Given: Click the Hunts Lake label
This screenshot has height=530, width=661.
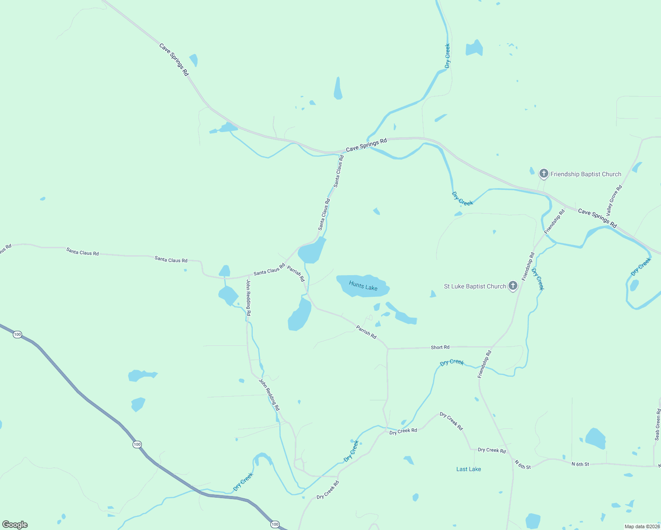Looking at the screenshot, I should pos(363,285).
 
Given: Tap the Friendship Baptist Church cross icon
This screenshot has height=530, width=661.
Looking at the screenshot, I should pos(543,174).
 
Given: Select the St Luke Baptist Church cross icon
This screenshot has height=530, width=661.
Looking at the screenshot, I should pos(513,286).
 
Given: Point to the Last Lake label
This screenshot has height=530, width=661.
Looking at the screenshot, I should pos(468,469).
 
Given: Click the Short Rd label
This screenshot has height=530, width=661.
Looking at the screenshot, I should pos(440,348).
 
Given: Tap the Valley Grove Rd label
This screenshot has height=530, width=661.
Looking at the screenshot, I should pos(614,200).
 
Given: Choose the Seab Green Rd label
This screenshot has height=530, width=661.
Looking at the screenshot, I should pos(657,424).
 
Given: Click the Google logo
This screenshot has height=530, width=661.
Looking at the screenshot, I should pos(15,525).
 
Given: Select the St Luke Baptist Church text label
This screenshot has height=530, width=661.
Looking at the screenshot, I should pos(475,286).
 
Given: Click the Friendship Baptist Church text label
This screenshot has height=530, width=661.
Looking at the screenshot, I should pos(585,174).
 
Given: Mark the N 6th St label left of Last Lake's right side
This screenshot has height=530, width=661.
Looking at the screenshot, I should pos(522,464).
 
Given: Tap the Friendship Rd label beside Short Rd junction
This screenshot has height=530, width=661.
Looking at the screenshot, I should pos(485,364).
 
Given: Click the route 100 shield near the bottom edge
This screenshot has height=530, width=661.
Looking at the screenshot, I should pos(275,524).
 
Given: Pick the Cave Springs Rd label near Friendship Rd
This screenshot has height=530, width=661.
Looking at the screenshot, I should pos(597,218).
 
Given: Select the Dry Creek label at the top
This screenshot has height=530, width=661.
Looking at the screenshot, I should pos(447,56).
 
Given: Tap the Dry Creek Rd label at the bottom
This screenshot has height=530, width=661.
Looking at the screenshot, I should pos(328,490).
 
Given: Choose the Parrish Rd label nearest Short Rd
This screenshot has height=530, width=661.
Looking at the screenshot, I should pos(366,332).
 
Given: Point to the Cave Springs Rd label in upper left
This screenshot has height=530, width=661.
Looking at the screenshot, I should pos(174,59).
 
